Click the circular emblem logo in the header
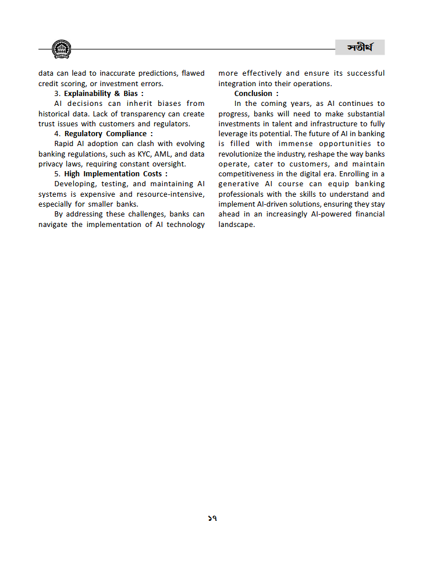pos(61,49)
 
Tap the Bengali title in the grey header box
pos(359,48)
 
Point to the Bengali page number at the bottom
pos(212,518)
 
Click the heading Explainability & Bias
pos(101,93)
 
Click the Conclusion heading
pos(254,93)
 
